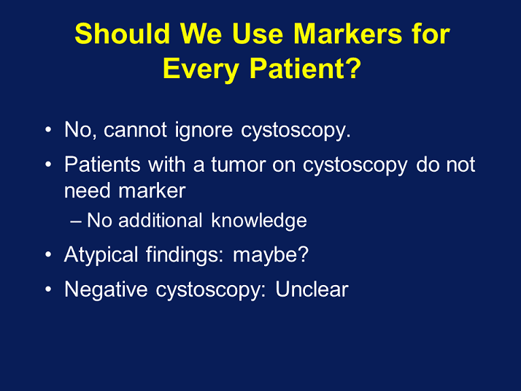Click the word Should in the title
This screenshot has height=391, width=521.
123,34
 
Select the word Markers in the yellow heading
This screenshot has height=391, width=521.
347,34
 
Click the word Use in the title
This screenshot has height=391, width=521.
258,34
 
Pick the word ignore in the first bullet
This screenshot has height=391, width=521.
204,130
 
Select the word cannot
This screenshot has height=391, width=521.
135,129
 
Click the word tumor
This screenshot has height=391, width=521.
238,164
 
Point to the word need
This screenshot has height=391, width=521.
87,191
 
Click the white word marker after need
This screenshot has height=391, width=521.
152,191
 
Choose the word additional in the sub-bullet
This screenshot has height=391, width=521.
160,220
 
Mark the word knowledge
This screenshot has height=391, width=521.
259,221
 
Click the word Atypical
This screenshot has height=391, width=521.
101,255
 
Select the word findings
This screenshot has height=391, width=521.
185,255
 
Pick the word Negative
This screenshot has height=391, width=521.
106,289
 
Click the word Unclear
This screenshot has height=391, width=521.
312,289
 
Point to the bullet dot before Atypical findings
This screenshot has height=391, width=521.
48,255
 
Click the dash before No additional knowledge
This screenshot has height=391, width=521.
76,221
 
